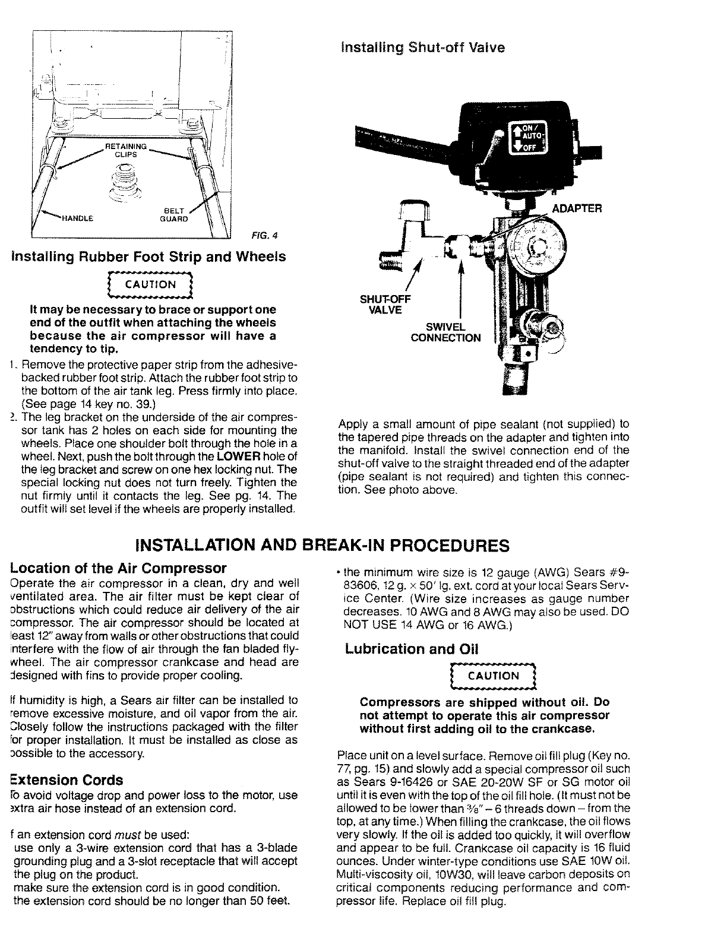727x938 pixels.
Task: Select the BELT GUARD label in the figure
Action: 175,214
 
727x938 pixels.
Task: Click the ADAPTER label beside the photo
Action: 577,208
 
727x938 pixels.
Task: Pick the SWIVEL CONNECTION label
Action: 445,332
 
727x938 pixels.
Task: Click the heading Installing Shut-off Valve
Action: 423,47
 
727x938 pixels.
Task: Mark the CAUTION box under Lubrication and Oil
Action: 494,676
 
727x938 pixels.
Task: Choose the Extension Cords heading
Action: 67,779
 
